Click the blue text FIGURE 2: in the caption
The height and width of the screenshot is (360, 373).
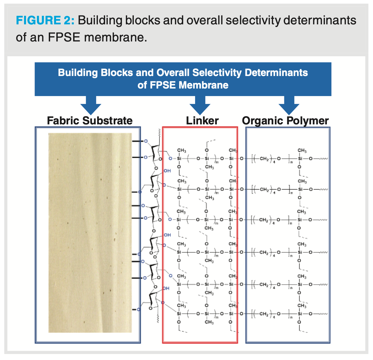point(45,20)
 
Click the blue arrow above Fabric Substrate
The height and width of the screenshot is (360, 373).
point(91,105)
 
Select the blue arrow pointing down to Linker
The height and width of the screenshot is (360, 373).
point(200,105)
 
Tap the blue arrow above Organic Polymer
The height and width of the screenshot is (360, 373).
point(289,105)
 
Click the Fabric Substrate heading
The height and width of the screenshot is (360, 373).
point(90,120)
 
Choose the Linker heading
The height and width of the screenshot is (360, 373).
point(202,120)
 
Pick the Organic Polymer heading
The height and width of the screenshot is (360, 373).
point(285,120)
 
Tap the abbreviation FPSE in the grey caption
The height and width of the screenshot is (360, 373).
point(64,37)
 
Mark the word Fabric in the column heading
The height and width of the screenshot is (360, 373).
point(63,120)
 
